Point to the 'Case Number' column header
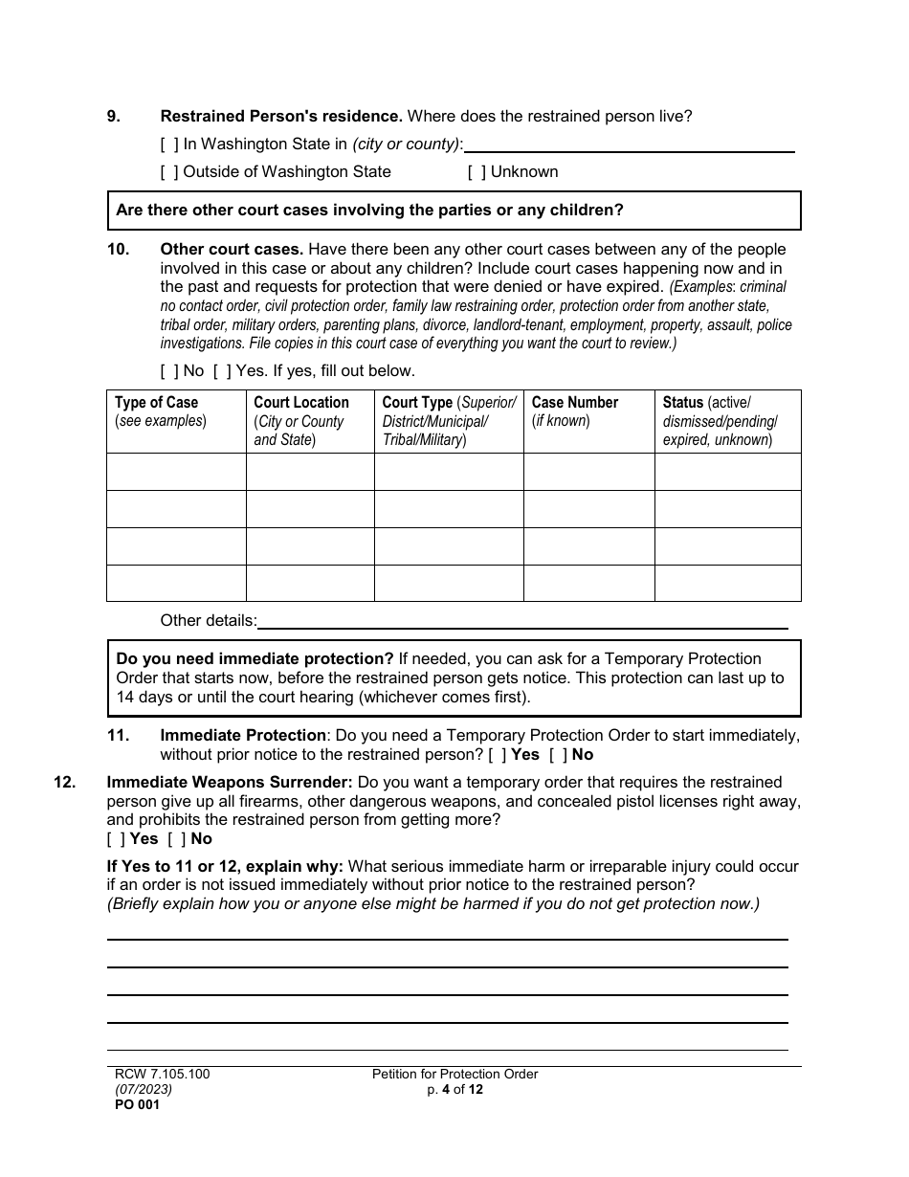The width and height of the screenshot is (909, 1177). click(574, 403)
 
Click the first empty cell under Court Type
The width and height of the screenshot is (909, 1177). click(448, 472)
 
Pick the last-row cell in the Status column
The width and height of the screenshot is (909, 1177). click(727, 583)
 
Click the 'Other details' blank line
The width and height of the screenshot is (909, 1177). click(522, 622)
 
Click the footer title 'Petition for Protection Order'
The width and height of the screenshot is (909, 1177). click(454, 1075)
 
